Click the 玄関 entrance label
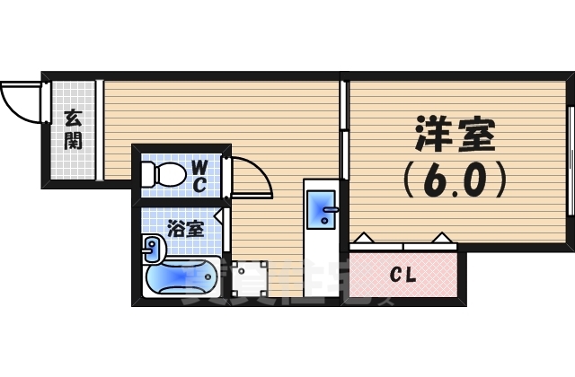click(x=73, y=128)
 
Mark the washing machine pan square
click(x=252, y=277)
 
